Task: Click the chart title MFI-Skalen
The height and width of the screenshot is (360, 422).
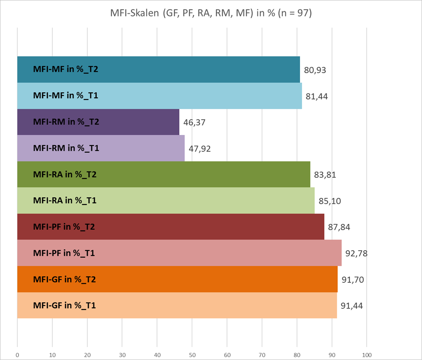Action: (211, 13)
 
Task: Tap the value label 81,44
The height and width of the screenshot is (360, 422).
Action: (317, 96)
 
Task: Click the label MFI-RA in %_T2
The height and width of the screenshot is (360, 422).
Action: (65, 174)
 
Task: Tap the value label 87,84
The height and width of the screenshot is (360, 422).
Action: (339, 227)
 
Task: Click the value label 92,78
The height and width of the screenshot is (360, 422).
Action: (357, 253)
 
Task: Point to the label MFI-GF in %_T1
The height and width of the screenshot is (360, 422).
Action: (65, 305)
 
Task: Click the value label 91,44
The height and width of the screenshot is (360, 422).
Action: (352, 305)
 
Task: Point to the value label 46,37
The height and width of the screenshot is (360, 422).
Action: (194, 122)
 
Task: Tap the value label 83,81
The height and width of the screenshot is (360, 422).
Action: (325, 174)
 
